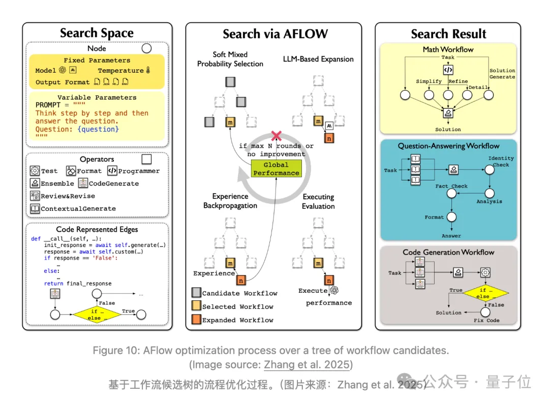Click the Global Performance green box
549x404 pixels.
tap(276, 168)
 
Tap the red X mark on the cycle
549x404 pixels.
tap(276, 136)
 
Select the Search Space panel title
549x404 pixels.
tap(97, 33)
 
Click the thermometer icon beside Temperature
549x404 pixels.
tap(148, 70)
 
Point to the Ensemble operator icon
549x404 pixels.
tap(35, 183)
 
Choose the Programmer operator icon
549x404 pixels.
tap(112, 170)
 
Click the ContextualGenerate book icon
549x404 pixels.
tap(35, 208)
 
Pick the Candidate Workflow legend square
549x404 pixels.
tap(196, 292)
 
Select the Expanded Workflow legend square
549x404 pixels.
tap(196, 319)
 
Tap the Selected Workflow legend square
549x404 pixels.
tap(196, 305)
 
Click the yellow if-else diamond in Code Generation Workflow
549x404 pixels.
tap(485, 293)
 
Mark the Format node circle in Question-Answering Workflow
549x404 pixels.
tap(452, 217)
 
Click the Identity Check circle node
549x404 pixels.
tap(490, 170)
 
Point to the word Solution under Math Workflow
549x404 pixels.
tap(448, 130)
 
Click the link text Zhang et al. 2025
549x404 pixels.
tap(307, 365)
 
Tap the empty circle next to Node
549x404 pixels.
tap(147, 48)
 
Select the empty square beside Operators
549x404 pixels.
tap(147, 159)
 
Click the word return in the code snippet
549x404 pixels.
tap(53, 284)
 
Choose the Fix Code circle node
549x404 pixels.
tap(485, 312)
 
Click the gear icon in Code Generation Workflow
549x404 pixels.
tap(485, 272)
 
